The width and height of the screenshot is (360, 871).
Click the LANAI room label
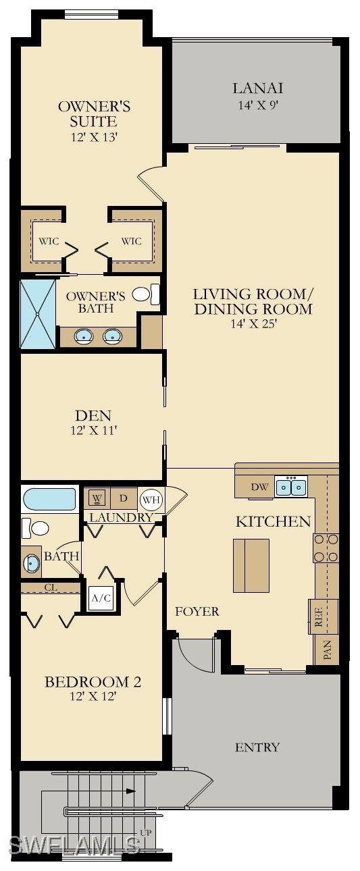[x=257, y=88]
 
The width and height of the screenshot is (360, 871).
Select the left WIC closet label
[x=49, y=241]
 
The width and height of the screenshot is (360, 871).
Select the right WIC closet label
[x=131, y=241]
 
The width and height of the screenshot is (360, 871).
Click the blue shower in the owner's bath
[x=38, y=314]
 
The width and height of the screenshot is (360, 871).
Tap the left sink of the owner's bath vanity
[x=84, y=336]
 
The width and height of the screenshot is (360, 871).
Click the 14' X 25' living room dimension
[x=253, y=323]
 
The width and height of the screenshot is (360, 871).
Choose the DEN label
[x=93, y=415]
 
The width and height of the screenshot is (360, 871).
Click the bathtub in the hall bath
[x=50, y=500]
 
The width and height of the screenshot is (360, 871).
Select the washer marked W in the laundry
[x=97, y=499]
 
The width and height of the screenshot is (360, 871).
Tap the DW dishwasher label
[x=259, y=487]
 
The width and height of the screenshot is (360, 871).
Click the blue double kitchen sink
[x=292, y=486]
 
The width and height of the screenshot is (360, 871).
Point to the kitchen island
[x=251, y=565]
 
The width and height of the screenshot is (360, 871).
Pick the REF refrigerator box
[x=319, y=616]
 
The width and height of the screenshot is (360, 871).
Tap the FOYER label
[x=197, y=612]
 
